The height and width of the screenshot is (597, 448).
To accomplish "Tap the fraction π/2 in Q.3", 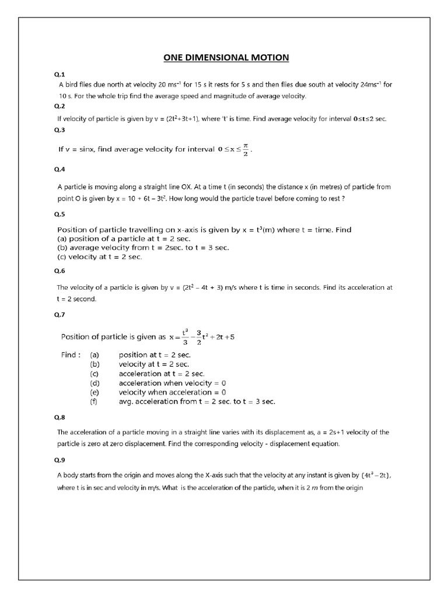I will point(246,149).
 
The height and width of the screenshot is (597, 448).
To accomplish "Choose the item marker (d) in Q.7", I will point(94,383).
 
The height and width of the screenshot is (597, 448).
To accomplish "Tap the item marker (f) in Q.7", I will point(94,402).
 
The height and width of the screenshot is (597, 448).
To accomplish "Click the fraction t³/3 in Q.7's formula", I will point(185,337).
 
